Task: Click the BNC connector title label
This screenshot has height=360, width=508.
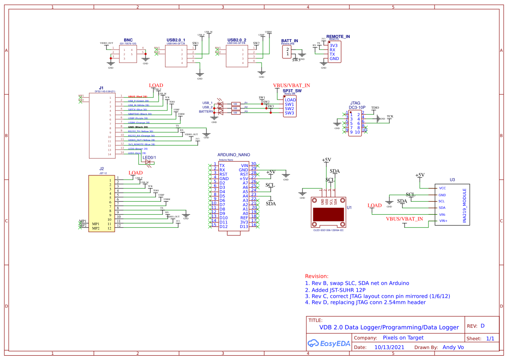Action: click(x=128, y=40)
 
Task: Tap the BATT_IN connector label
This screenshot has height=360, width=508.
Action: click(x=290, y=41)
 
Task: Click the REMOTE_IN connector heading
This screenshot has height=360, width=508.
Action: click(x=338, y=37)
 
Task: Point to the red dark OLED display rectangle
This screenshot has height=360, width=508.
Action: click(x=328, y=215)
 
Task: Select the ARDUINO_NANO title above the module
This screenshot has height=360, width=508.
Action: click(x=233, y=155)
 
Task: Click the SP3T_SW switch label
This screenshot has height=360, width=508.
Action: click(x=292, y=90)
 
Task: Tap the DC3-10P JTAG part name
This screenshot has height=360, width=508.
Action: click(x=357, y=107)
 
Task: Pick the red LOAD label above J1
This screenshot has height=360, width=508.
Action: click(x=156, y=86)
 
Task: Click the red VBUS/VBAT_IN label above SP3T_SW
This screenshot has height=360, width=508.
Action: click(x=292, y=85)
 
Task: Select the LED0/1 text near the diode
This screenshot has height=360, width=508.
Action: click(x=149, y=157)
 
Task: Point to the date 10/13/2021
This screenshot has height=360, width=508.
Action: click(x=390, y=347)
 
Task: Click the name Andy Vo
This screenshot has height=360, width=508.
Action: click(x=453, y=347)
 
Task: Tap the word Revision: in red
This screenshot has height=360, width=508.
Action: click(x=317, y=276)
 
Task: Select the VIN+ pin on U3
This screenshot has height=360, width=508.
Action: click(x=443, y=221)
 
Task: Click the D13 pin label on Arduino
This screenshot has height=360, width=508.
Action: click(x=244, y=226)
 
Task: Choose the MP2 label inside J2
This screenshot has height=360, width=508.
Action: click(x=96, y=228)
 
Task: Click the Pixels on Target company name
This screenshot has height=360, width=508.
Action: click(x=403, y=338)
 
